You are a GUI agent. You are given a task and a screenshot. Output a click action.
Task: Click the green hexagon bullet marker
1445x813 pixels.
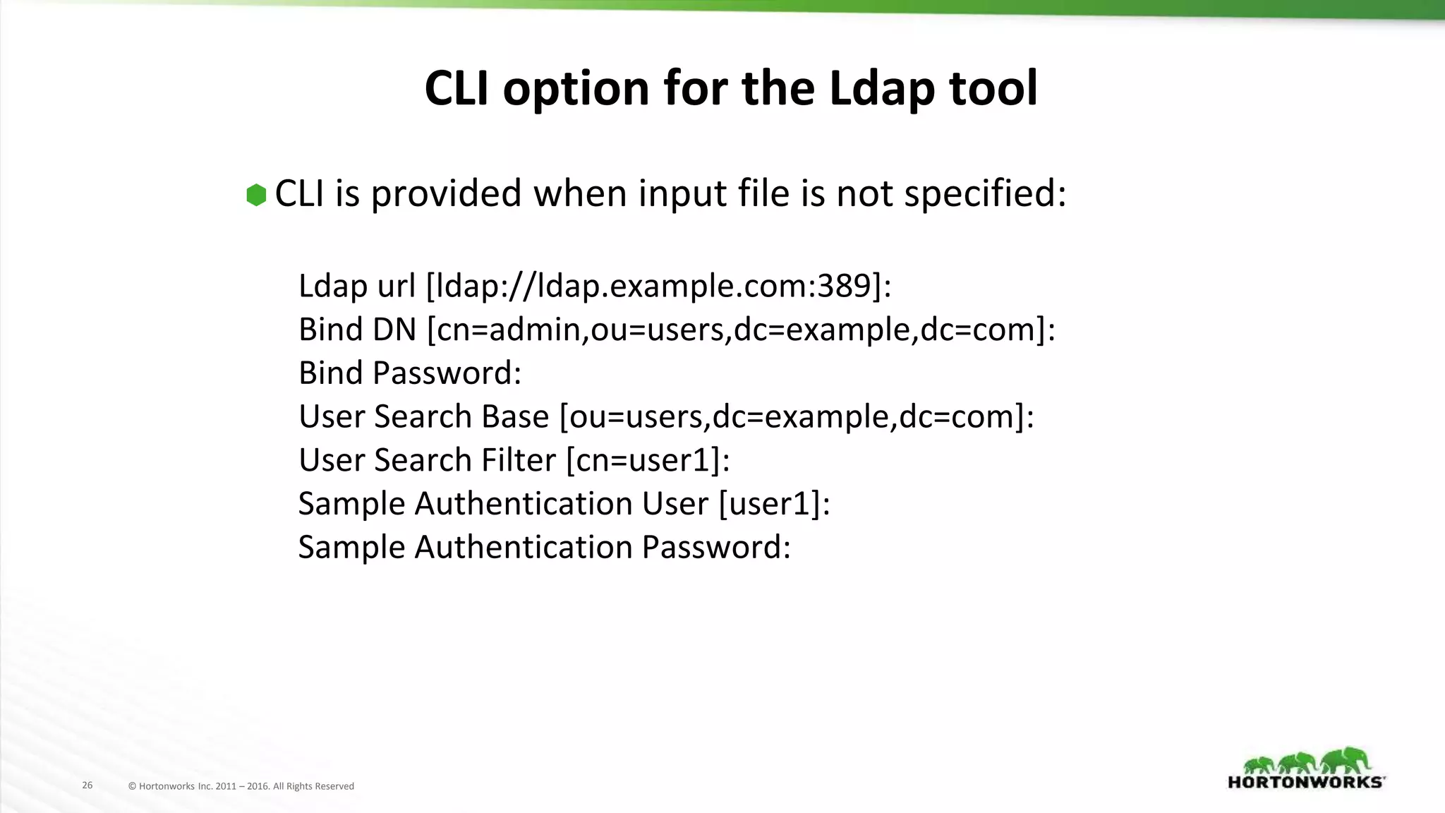[256, 195]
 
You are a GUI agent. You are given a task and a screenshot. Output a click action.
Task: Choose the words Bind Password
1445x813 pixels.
[409, 373]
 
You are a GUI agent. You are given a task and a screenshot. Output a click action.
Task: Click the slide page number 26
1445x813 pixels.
[87, 785]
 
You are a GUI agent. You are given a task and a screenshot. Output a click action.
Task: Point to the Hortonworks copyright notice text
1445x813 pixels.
[241, 786]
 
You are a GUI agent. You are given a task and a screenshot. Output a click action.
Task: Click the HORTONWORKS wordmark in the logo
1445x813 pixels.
[1306, 782]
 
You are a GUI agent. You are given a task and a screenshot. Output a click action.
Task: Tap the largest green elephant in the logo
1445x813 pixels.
[1348, 761]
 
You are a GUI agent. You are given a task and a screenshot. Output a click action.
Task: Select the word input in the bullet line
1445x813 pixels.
[682, 194]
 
